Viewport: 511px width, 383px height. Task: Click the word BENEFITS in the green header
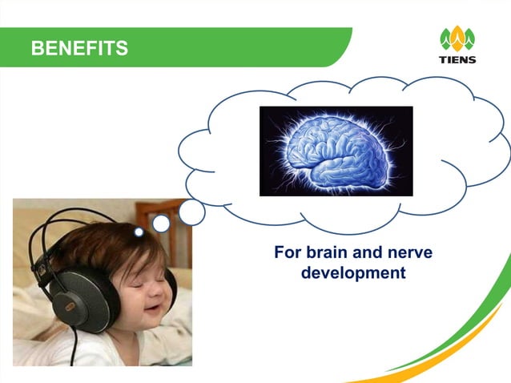pos(79,49)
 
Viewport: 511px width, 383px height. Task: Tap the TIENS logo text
pos(457,59)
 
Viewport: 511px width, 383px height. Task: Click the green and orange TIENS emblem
pos(457,38)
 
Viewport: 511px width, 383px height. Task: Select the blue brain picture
pos(336,151)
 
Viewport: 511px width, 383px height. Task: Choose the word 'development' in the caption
pos(352,273)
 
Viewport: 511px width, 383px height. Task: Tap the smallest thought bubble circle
pos(139,232)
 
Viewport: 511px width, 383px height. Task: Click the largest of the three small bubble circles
pos(191,212)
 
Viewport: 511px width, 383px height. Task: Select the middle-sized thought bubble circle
pos(161,224)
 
